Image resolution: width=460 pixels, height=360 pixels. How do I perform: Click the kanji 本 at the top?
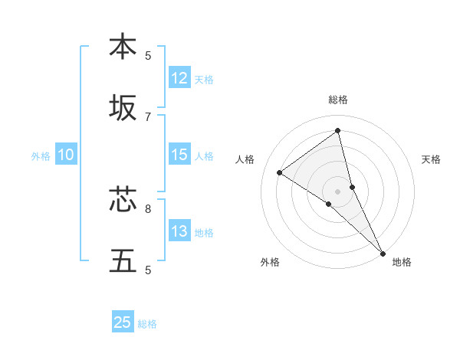[x=123, y=47]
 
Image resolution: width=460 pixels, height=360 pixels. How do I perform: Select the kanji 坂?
[x=123, y=108]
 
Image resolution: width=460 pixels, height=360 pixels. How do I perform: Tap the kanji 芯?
[x=123, y=200]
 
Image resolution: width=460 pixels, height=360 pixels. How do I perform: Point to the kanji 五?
[x=123, y=261]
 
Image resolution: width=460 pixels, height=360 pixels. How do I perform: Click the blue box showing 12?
[x=179, y=78]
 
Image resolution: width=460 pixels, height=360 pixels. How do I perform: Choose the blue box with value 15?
[x=179, y=155]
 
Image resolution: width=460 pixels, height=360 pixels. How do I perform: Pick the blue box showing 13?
[x=179, y=231]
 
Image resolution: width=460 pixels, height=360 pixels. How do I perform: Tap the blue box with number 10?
[x=65, y=155]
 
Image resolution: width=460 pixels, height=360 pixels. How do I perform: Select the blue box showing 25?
[x=123, y=322]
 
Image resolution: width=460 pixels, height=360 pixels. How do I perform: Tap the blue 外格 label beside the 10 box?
[x=41, y=155]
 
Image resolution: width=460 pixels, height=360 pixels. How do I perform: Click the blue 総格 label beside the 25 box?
[x=147, y=323]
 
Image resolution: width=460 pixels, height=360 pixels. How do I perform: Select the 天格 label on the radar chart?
[x=431, y=159]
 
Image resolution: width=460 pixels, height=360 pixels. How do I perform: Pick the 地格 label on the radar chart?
[x=402, y=262]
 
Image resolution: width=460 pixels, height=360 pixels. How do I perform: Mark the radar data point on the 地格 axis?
[x=383, y=253]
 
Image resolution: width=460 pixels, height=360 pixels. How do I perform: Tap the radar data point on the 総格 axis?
[x=337, y=130]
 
